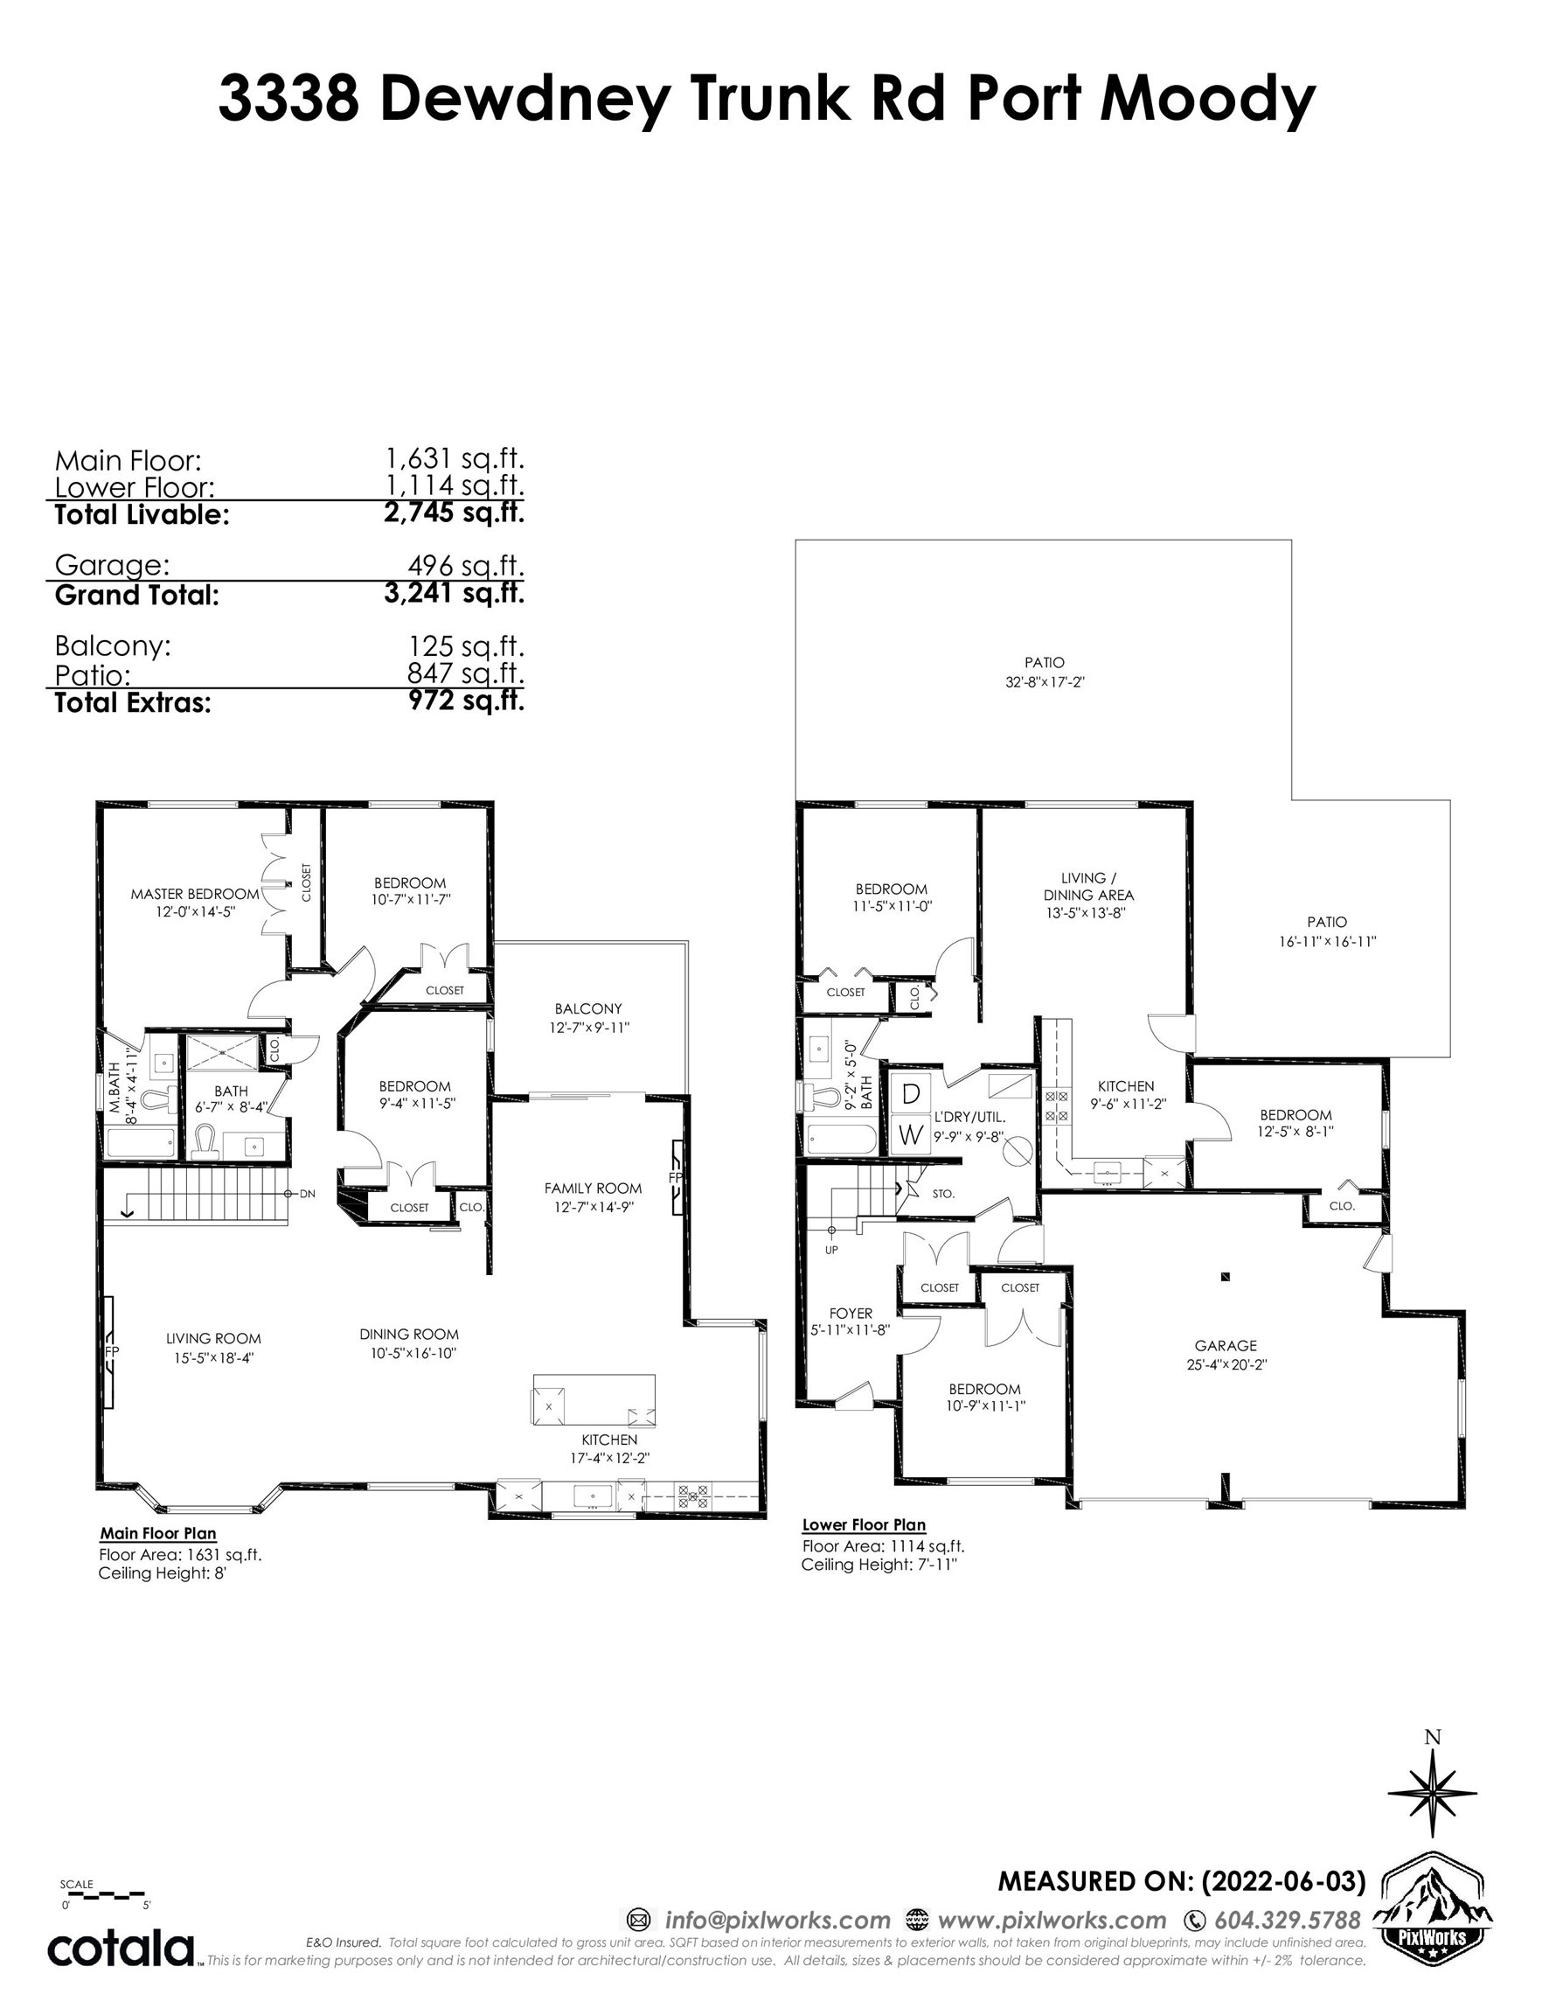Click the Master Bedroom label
(x=195, y=894)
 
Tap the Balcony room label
(x=588, y=1008)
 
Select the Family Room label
(x=593, y=1189)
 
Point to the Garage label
(x=1226, y=1345)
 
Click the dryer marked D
(x=910, y=1093)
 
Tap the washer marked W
(x=910, y=1134)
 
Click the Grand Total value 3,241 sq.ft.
(x=454, y=592)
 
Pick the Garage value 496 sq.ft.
(x=466, y=564)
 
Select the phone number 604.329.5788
(x=1288, y=1920)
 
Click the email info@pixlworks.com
(x=777, y=1920)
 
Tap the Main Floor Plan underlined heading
(x=157, y=1533)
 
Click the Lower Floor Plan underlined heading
(x=865, y=1525)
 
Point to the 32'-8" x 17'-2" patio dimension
(x=1044, y=683)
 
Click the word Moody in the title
(x=1207, y=100)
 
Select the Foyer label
(x=851, y=1313)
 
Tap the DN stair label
(x=307, y=1194)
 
